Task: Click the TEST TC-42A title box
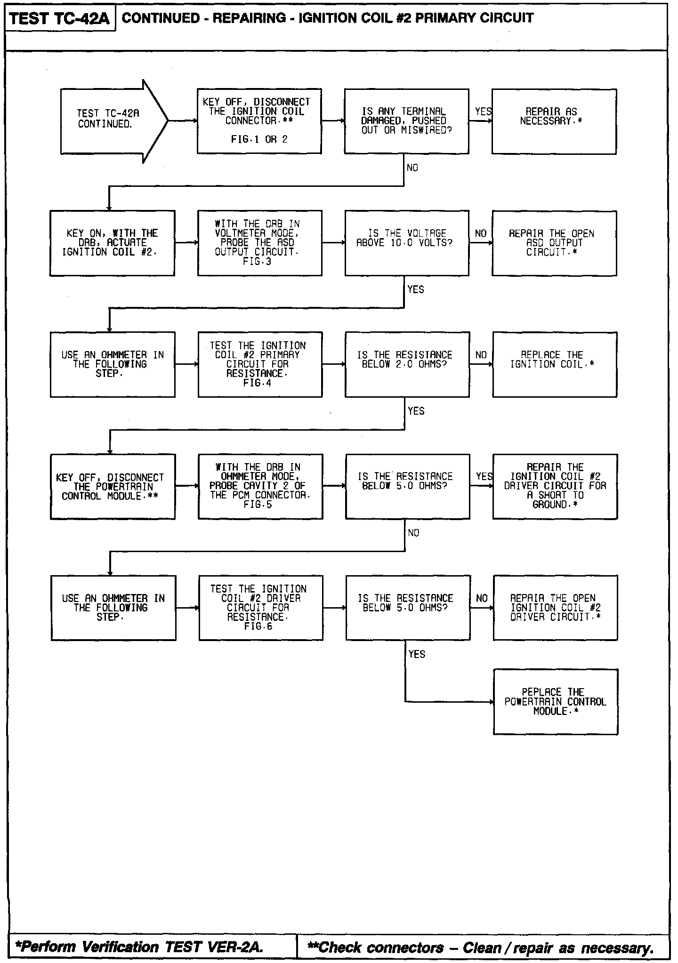click(60, 19)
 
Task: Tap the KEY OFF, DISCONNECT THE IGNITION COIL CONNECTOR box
click(259, 121)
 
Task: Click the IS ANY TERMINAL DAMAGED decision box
click(406, 121)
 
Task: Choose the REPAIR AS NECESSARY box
click(554, 121)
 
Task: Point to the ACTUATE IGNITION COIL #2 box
click(112, 243)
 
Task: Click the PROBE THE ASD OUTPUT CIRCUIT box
click(259, 243)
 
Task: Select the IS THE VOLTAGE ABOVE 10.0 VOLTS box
click(407, 243)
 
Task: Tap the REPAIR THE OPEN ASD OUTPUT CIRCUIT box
click(554, 243)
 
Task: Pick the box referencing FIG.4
click(260, 364)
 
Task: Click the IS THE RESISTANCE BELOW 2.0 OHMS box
click(407, 364)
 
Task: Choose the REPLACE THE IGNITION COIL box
click(555, 364)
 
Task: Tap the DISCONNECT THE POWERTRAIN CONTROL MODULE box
click(113, 486)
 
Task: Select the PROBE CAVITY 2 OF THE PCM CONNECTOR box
click(260, 486)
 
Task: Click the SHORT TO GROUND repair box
click(555, 486)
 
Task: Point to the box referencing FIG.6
click(261, 608)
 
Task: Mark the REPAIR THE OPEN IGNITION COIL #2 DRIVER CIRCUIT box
click(555, 608)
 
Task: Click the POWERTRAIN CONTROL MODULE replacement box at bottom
click(556, 701)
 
